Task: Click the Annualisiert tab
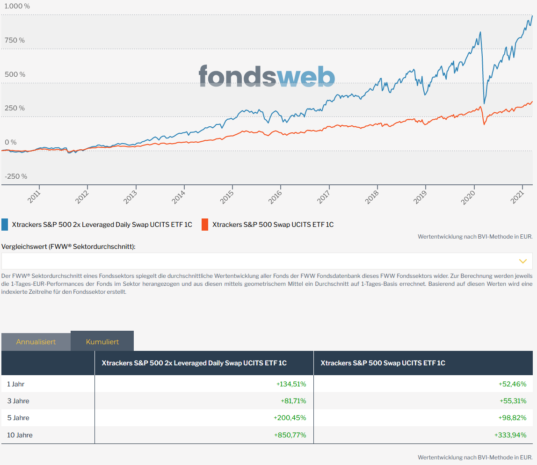(x=36, y=341)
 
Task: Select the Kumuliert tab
(x=102, y=341)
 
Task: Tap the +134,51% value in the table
(x=291, y=384)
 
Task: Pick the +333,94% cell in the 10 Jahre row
(x=510, y=435)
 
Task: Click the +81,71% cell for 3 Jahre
(x=293, y=401)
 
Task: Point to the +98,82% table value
(x=512, y=418)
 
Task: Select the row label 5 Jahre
(x=18, y=418)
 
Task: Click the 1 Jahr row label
(x=16, y=384)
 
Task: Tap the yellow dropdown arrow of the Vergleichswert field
(x=523, y=261)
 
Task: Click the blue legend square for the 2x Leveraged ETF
(x=5, y=225)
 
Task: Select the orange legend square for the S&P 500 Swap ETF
(x=205, y=225)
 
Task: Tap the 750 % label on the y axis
(x=15, y=40)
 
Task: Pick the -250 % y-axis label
(x=16, y=176)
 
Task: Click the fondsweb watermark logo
(x=267, y=76)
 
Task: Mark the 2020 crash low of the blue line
(x=484, y=103)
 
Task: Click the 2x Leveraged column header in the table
(x=194, y=363)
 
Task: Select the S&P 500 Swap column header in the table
(x=383, y=363)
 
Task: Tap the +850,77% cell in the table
(x=290, y=435)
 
